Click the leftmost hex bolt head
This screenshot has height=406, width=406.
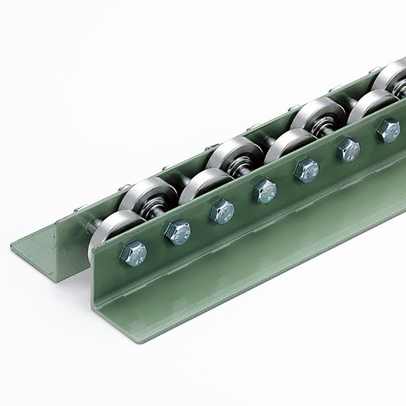pyautogui.click(x=133, y=254)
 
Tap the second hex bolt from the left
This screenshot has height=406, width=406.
pyautogui.click(x=178, y=232)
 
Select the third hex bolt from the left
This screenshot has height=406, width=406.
pyautogui.click(x=222, y=210)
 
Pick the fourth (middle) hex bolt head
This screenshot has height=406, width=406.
pyautogui.click(x=265, y=190)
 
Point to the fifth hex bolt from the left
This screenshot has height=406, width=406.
pyautogui.click(x=307, y=169)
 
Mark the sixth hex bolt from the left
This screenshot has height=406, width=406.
pyautogui.click(x=348, y=149)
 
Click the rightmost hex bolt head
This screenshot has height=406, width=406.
pyautogui.click(x=388, y=130)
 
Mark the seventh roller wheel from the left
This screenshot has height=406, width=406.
pyautogui.click(x=369, y=105)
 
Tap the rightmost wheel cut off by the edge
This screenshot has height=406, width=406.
pyautogui.click(x=392, y=78)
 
